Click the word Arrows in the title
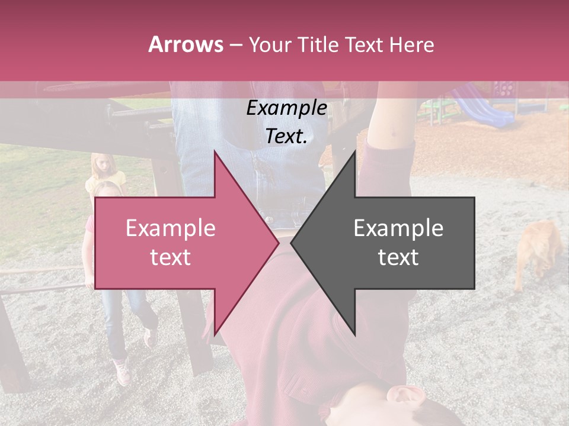point(186,44)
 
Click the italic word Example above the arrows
point(286,108)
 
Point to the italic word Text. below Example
point(286,137)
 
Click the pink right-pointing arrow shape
point(178,278)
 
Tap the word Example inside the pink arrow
point(171,228)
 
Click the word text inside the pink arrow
point(171,257)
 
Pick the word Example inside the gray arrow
point(398,228)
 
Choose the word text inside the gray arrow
point(398,257)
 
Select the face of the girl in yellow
point(104,166)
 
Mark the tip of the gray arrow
point(292,243)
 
